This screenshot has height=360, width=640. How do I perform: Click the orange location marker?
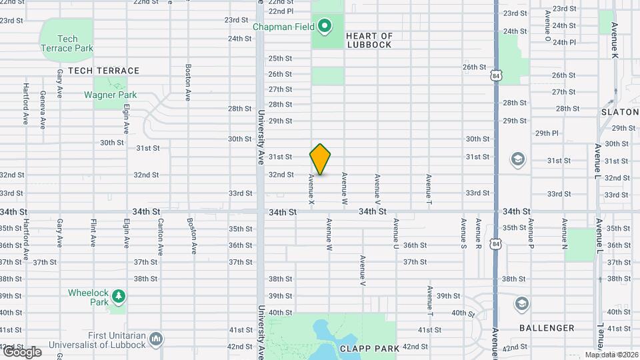320,159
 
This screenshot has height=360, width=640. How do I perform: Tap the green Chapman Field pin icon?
325,27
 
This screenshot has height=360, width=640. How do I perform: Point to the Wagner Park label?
110,95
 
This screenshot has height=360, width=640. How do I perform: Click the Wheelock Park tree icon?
118,295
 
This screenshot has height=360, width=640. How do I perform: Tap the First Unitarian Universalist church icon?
156,339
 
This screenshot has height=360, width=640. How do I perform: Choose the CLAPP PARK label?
369,348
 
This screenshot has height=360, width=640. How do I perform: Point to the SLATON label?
620,112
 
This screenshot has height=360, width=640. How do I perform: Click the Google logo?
22,351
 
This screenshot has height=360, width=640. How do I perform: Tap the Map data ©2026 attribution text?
611,355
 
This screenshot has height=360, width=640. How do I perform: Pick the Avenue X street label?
311,189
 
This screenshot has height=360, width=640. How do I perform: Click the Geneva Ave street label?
43,109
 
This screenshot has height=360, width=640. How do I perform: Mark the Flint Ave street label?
93,231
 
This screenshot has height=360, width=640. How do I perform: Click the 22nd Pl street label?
281,11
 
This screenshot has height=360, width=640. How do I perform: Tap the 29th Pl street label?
546,133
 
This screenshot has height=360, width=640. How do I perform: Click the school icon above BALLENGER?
523,305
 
